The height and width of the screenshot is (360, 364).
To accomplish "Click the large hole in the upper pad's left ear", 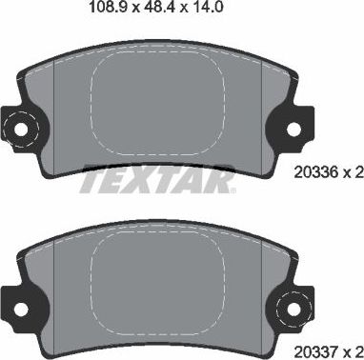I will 21,126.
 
